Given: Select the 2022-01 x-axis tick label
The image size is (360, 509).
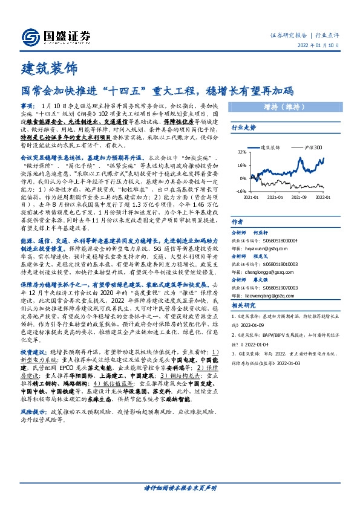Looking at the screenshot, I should pos(322,197).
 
